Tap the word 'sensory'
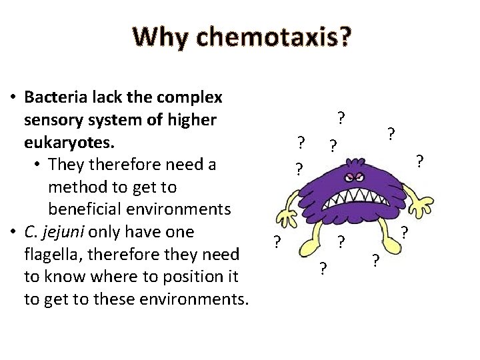54,120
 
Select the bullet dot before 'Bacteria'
13,98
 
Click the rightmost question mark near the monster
419,161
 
